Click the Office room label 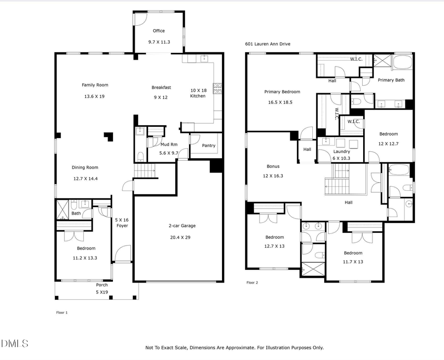pos(158,31)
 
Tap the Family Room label pos(95,85)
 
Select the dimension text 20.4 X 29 pos(182,237)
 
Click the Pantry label pos(209,145)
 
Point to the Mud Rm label pos(169,144)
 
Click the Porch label pos(102,285)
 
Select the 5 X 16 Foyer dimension pos(121,219)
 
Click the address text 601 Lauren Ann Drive pos(268,44)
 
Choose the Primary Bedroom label pos(282,92)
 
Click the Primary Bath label pos(391,80)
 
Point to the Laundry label pos(341,151)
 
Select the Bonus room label pos(273,166)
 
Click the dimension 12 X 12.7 pos(388,144)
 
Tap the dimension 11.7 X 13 pos(353,262)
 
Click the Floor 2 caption pos(252,283)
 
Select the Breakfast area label pos(161,87)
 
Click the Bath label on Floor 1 pos(75,214)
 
